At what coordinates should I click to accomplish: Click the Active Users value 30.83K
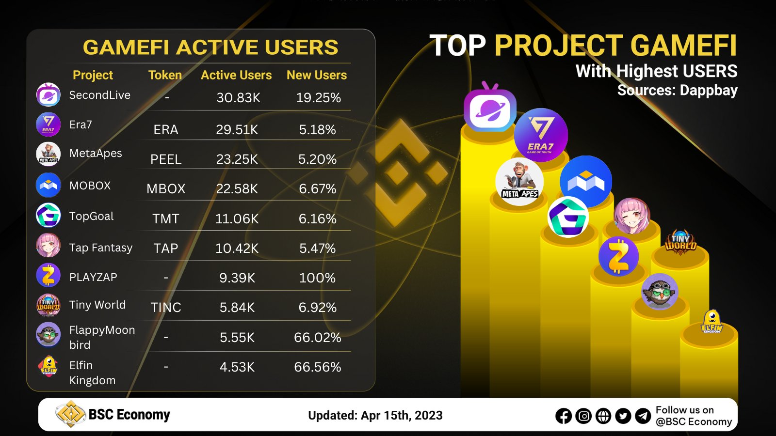click(x=238, y=98)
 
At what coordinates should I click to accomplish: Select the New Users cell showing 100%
click(x=317, y=278)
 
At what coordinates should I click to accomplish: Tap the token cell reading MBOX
click(x=166, y=189)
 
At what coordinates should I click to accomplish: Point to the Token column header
click(x=165, y=75)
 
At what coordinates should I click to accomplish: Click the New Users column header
click(x=317, y=75)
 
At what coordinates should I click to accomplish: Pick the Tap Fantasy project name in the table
click(x=100, y=248)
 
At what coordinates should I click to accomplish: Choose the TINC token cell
click(x=166, y=308)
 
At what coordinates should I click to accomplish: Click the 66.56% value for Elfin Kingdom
click(x=317, y=367)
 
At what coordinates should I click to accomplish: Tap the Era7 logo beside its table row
click(x=48, y=125)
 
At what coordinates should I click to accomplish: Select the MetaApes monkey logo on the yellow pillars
click(x=519, y=182)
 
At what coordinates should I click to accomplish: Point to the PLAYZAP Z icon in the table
click(x=48, y=276)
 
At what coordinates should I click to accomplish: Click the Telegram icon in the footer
click(x=643, y=416)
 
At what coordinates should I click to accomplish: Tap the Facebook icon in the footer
click(x=564, y=416)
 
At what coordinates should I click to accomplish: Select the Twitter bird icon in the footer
click(x=623, y=416)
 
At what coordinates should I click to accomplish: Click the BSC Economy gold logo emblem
click(x=71, y=414)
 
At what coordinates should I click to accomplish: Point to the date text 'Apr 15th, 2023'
click(x=402, y=416)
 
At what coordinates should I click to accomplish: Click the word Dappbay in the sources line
click(x=709, y=91)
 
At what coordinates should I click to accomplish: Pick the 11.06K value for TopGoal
click(x=237, y=219)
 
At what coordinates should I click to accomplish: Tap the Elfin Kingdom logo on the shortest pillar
click(x=711, y=322)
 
